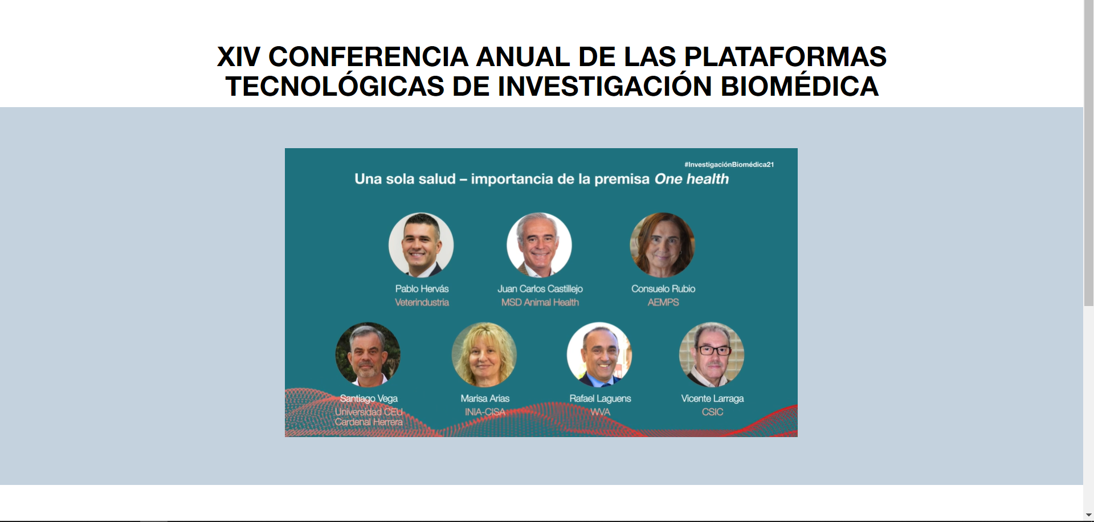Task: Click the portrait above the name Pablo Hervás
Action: [421, 245]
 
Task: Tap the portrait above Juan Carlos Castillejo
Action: [539, 245]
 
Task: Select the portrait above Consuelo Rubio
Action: [662, 245]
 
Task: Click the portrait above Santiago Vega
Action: [368, 355]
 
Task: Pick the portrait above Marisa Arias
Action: [484, 355]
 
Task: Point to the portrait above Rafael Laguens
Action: [599, 355]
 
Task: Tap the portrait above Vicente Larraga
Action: [712, 355]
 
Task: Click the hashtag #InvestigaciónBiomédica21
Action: [729, 165]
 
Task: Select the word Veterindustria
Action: [422, 303]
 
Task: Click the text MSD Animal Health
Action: [540, 303]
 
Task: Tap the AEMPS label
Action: [663, 303]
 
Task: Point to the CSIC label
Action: [712, 412]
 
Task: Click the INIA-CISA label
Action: [485, 412]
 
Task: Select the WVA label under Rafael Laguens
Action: [600, 412]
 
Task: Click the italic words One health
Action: [692, 179]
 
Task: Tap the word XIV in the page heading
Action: [239, 57]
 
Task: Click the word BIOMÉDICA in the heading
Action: [799, 87]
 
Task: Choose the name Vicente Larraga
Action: [712, 398]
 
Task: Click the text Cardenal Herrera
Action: [369, 422]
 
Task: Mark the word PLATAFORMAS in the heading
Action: [785, 57]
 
